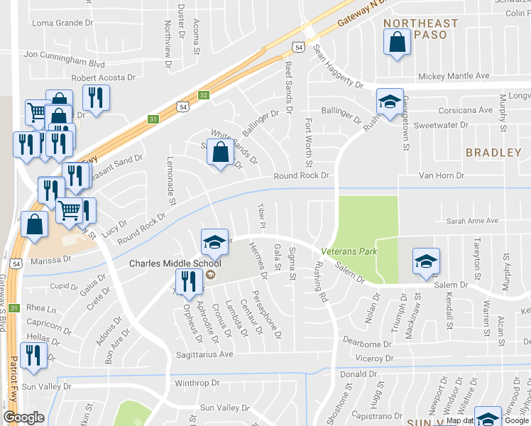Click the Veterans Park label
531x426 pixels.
(349, 251)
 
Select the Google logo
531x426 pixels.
(23, 417)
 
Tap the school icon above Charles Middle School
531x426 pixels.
(213, 242)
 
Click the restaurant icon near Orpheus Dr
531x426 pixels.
(188, 281)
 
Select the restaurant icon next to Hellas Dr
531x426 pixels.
(33, 355)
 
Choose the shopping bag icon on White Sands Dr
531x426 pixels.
(221, 153)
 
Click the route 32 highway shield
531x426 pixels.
(204, 94)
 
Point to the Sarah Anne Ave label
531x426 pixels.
(474, 221)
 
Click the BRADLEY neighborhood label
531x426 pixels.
(493, 153)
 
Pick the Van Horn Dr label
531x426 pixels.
(441, 175)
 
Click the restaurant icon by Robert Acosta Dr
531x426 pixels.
(95, 98)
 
